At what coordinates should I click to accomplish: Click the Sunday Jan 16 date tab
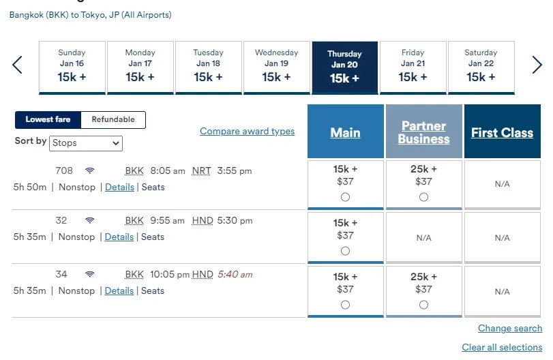(72, 67)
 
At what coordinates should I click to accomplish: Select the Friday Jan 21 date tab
(413, 67)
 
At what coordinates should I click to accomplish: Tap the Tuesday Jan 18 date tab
(209, 67)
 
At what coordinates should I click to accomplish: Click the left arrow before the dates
(17, 65)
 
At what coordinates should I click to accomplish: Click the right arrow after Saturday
(537, 65)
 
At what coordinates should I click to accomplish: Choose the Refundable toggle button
(113, 119)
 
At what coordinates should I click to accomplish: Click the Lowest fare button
(48, 119)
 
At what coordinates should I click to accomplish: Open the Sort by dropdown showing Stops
(86, 143)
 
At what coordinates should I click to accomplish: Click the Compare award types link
(248, 131)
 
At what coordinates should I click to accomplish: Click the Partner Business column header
(424, 132)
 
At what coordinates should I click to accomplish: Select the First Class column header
(503, 132)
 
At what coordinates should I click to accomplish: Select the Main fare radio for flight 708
(345, 197)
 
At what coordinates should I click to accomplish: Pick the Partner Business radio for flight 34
(424, 305)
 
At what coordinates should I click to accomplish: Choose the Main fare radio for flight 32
(345, 251)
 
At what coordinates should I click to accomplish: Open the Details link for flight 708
(119, 187)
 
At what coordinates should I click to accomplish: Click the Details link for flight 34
(119, 290)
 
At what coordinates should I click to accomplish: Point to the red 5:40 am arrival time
(235, 274)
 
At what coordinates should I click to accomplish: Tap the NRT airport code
(201, 171)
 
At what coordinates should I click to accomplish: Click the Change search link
(510, 328)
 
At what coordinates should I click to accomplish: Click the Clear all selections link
(503, 347)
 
